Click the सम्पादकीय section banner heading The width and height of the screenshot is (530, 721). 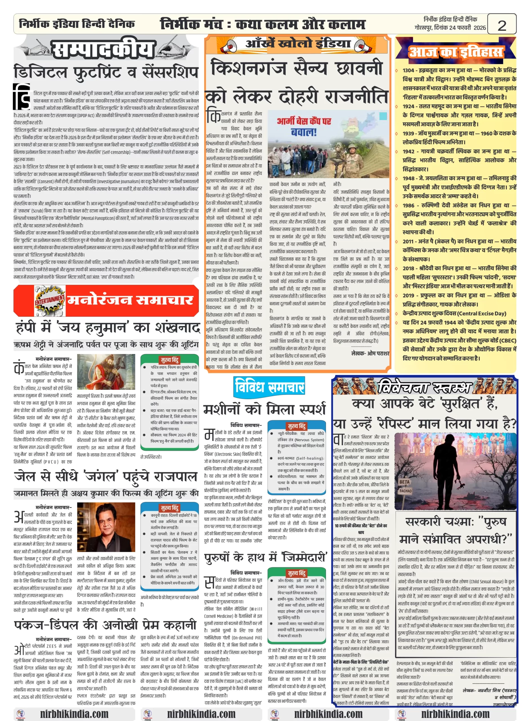pyautogui.click(x=103, y=50)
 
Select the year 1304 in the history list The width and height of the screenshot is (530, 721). pyautogui.click(x=408, y=70)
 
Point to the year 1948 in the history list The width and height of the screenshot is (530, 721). pyautogui.click(x=408, y=178)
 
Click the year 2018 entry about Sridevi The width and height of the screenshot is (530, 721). pyautogui.click(x=408, y=268)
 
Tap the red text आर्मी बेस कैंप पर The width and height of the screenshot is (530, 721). pyautogui.click(x=304, y=121)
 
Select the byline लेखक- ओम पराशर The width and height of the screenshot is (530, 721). pyautogui.click(x=370, y=353)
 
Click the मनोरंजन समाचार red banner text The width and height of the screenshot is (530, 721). pyautogui.click(x=130, y=300)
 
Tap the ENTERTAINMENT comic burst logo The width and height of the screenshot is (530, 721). pyautogui.click(x=50, y=300)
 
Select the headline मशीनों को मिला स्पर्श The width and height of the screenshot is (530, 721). pyautogui.click(x=265, y=410)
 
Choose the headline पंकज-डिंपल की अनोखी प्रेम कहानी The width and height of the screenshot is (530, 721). pyautogui.click(x=105, y=625)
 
